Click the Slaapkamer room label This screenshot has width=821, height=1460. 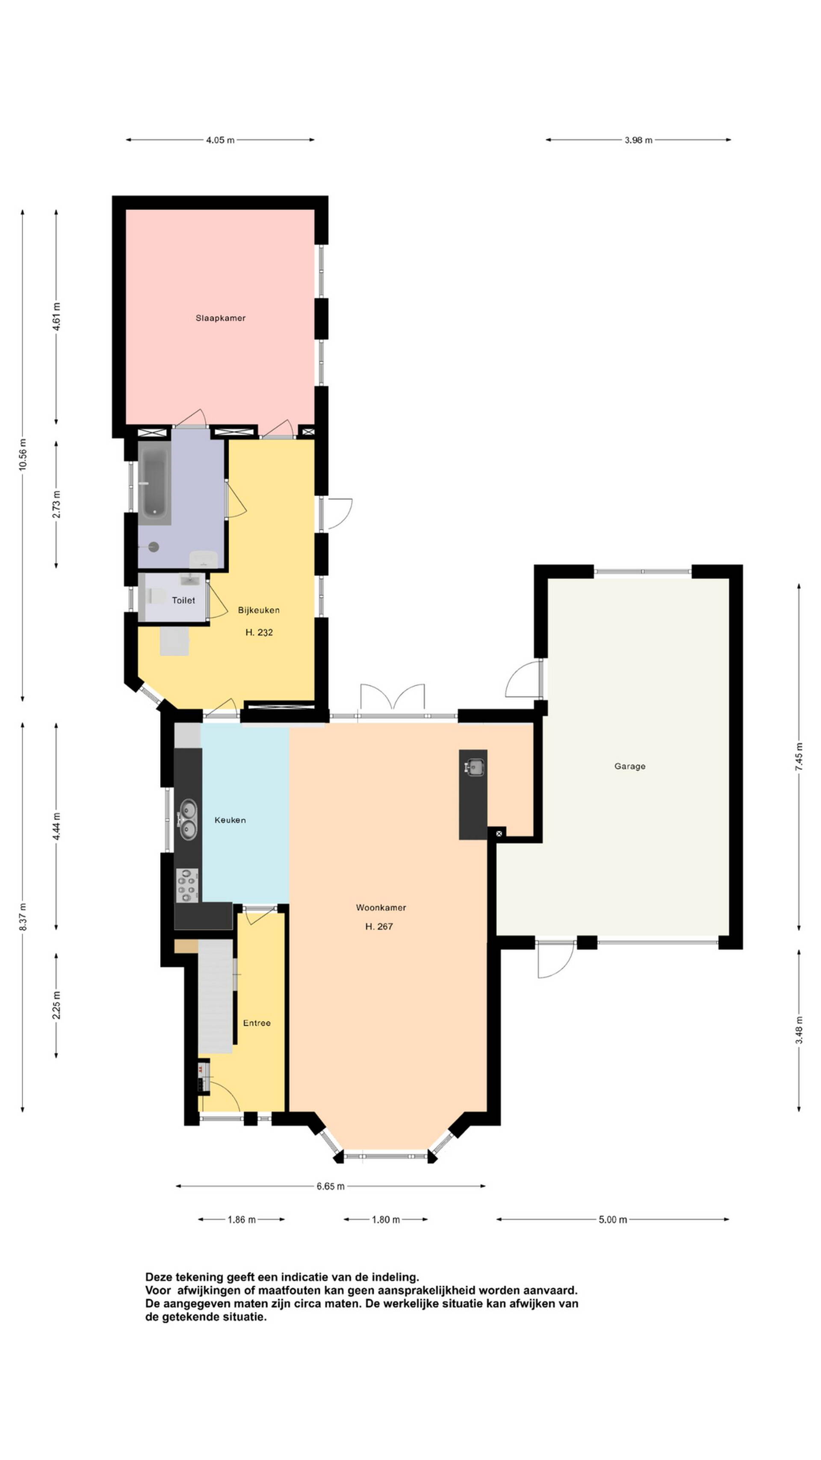click(x=220, y=318)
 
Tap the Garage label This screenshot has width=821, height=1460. click(x=629, y=766)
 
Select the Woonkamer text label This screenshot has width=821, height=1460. click(x=381, y=907)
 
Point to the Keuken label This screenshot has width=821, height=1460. click(x=230, y=820)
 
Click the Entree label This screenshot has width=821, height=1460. click(x=257, y=1023)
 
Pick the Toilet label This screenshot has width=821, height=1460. click(x=183, y=600)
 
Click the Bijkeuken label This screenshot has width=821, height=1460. click(x=258, y=610)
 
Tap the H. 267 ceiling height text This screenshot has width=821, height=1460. click(x=379, y=926)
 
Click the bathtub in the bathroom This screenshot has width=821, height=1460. click(x=154, y=483)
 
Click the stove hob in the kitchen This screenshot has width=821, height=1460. click(x=187, y=885)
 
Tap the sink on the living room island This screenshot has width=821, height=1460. click(x=474, y=767)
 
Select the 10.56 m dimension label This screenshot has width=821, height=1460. click(x=23, y=455)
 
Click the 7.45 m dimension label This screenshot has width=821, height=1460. click(x=799, y=756)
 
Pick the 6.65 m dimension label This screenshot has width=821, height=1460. click(x=331, y=1186)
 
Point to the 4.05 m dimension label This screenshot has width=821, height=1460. click(x=220, y=140)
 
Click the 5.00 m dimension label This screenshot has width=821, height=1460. click(x=612, y=1220)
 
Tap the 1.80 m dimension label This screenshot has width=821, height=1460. click(x=386, y=1220)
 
